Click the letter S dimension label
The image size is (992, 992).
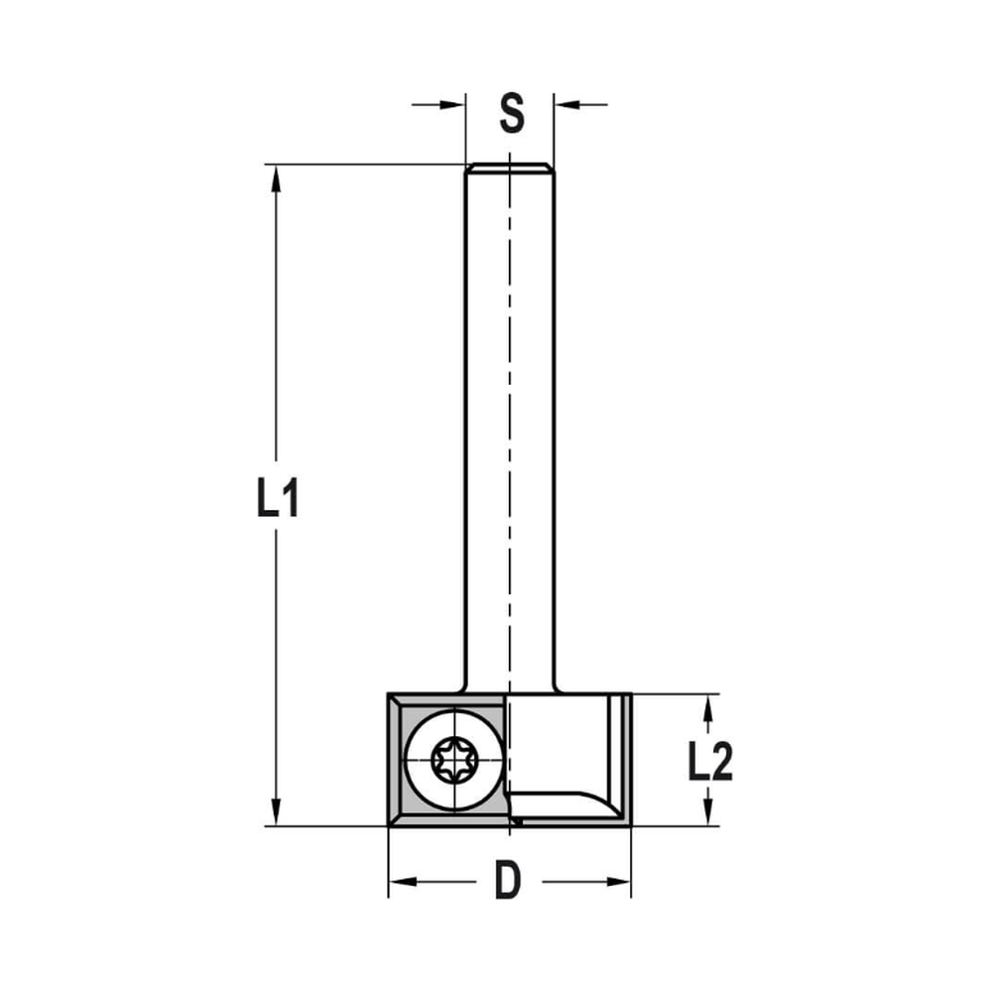tap(511, 113)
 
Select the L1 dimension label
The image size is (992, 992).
tap(277, 499)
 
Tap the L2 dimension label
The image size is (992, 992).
tap(710, 762)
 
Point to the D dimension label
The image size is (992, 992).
tap(508, 881)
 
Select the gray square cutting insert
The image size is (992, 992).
tap(403, 794)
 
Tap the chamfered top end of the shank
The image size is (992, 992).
tap(510, 167)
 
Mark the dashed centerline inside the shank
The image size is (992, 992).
tap(509, 397)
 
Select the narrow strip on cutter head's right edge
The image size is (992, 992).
tap(623, 759)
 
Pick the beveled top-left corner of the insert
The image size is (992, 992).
tap(395, 700)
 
